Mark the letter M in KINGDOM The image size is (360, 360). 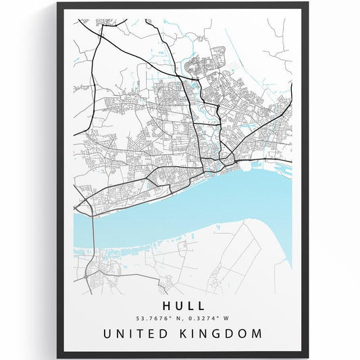[260, 334]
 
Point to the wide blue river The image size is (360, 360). [203, 203]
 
